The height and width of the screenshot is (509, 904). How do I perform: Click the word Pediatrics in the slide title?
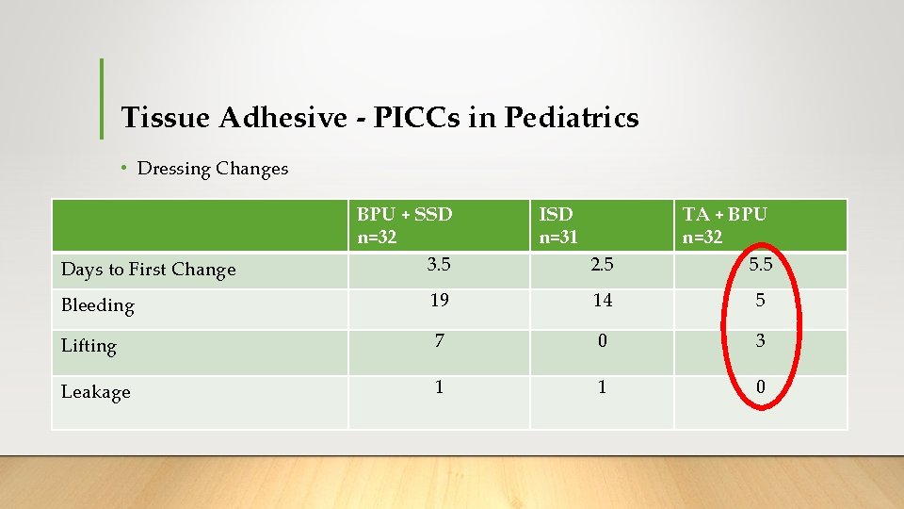pos(572,118)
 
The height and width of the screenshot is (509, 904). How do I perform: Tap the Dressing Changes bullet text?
pos(212,169)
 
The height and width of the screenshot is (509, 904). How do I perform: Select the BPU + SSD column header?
pos(404,225)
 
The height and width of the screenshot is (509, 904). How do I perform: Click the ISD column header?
pos(557,225)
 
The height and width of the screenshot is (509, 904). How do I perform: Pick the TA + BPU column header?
pos(724,225)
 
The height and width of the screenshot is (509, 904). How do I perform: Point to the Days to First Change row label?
pos(148,270)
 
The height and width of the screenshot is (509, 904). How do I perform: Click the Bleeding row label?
pos(98,305)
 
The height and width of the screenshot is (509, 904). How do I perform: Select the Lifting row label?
pos(89,346)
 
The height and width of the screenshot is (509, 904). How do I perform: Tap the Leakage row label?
pos(95,392)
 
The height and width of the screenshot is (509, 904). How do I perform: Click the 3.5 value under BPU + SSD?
pos(438,265)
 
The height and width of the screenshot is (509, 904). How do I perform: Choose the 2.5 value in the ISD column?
pos(602,265)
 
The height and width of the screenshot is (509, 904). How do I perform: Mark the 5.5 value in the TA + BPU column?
pos(760,266)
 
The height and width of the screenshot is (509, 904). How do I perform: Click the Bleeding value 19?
pos(438,301)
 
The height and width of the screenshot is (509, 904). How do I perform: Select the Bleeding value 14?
pos(602,301)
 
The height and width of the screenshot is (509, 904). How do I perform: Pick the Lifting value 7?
pos(438,340)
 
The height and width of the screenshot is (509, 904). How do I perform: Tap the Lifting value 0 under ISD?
pos(602,340)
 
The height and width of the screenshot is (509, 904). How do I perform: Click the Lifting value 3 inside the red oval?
pos(760,340)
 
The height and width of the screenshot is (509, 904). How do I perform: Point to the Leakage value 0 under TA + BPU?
pos(760,386)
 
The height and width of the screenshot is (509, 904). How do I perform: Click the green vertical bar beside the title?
pos(102,98)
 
